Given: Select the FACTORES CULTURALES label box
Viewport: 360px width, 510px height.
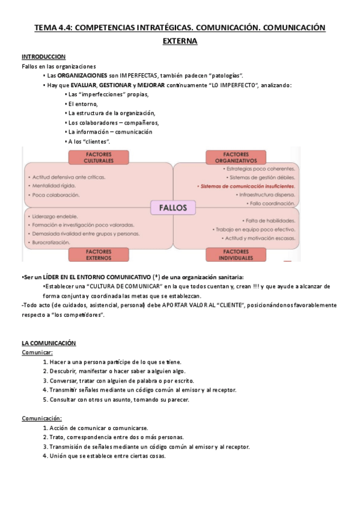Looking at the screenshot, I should coord(99,158).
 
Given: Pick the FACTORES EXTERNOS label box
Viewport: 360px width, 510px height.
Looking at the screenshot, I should coord(99,254).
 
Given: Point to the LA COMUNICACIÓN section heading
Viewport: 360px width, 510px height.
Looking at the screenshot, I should coord(49,343).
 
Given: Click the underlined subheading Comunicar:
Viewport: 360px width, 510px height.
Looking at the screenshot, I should coord(37,352).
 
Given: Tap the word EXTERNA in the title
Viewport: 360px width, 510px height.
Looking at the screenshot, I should coord(180,41).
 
